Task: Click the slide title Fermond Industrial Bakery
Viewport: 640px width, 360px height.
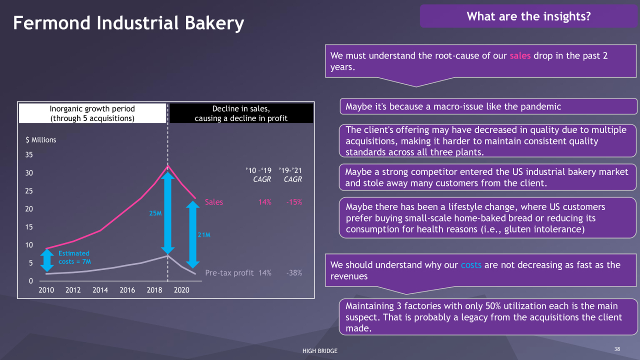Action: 128,23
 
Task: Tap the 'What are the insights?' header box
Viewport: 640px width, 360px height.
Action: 528,16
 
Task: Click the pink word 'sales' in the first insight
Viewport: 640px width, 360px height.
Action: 520,55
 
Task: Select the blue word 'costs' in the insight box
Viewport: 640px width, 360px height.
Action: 471,265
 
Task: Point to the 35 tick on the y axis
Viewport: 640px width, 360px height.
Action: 29,155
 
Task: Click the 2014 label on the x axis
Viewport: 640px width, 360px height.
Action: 100,290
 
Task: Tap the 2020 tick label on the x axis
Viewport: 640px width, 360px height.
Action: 181,290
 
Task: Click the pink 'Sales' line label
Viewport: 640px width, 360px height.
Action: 213,202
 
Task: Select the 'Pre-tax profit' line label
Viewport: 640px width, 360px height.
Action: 229,273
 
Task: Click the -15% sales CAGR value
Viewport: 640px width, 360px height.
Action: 294,202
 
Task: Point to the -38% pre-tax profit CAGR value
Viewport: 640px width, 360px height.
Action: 294,273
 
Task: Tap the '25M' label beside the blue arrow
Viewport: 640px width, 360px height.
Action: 155,213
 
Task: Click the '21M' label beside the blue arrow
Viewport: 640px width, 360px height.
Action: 204,235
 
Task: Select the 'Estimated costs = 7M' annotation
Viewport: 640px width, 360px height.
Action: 74,257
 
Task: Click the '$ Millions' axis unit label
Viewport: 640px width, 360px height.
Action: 41,140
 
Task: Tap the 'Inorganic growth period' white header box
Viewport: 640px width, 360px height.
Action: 92,113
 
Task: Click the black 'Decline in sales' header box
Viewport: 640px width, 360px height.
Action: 241,113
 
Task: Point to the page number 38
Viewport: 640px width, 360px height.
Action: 617,349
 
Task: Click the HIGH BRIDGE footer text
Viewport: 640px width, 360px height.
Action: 320,351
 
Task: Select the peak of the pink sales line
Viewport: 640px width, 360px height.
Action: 167,165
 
